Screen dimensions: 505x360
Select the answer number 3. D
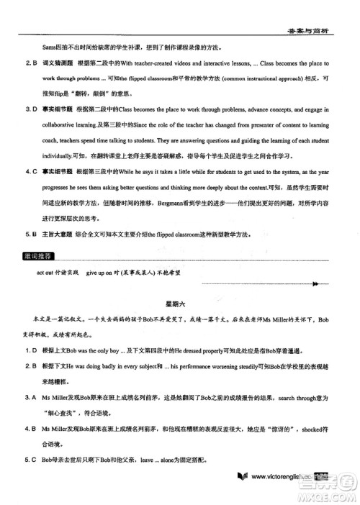coord(32,109)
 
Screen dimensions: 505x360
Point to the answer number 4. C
coord(32,170)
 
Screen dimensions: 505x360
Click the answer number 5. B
coord(32,233)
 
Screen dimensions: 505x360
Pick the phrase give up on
coord(101,274)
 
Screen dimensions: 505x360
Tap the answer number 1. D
coord(32,349)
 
